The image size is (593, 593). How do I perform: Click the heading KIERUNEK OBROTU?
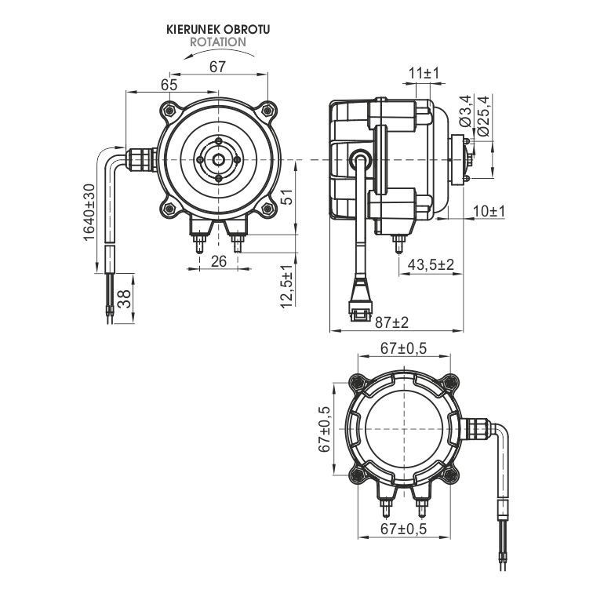[218, 30]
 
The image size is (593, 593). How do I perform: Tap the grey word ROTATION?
[218, 42]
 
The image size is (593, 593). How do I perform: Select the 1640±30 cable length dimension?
[89, 212]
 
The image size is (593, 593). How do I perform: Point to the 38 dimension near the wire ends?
[124, 299]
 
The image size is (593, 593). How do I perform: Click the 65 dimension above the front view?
[169, 85]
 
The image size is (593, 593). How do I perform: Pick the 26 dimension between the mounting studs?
[219, 261]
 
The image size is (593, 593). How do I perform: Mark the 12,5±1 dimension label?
[286, 286]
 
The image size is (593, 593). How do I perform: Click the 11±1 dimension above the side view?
[424, 74]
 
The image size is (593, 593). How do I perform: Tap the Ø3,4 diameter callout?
[466, 111]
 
